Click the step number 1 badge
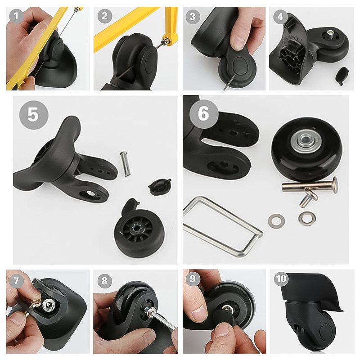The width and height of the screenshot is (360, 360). [16, 16]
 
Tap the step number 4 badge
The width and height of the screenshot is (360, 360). [280, 17]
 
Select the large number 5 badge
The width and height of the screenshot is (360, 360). [34, 115]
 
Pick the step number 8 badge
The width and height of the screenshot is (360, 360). [104, 280]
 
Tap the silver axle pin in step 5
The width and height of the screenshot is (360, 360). [124, 164]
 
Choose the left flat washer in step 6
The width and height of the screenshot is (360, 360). [276, 221]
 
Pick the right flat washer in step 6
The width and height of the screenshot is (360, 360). [307, 218]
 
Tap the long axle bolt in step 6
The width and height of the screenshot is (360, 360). [310, 186]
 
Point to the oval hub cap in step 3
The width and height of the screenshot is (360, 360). [240, 66]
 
